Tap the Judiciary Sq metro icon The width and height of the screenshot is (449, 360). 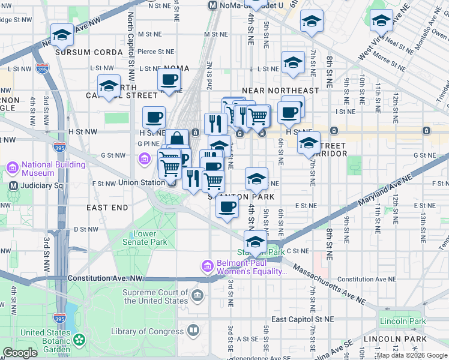(13, 185)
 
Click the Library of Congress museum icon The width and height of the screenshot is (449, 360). (193, 331)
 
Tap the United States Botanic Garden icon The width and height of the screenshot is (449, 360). (79, 341)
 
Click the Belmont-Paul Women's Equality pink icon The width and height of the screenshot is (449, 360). (207, 265)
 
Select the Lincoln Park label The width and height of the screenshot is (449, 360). (402, 322)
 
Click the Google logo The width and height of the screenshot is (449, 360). (20, 353)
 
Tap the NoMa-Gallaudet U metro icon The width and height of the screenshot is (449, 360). (212, 5)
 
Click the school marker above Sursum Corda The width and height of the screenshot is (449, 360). (62, 35)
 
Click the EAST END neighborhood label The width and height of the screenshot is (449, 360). (107, 208)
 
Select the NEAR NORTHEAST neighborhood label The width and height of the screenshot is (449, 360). (280, 91)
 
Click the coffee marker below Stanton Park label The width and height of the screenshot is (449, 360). (227, 208)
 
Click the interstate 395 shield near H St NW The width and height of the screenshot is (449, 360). (59, 147)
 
